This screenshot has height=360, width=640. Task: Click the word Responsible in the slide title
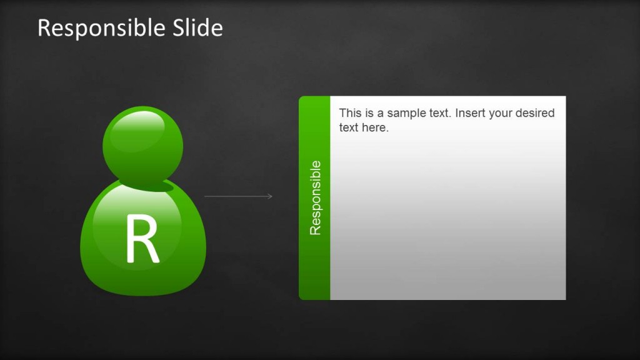(x=101, y=29)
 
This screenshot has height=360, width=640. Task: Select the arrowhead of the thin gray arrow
(x=270, y=196)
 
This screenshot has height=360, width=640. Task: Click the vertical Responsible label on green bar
(x=315, y=197)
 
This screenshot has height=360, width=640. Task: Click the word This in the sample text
(x=350, y=114)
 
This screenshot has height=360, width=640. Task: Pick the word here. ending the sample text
(x=375, y=128)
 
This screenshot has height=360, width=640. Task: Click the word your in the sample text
(x=501, y=114)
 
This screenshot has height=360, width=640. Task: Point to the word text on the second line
(x=349, y=128)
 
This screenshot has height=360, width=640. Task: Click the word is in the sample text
(x=370, y=114)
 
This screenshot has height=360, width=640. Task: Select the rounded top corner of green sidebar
(x=303, y=100)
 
